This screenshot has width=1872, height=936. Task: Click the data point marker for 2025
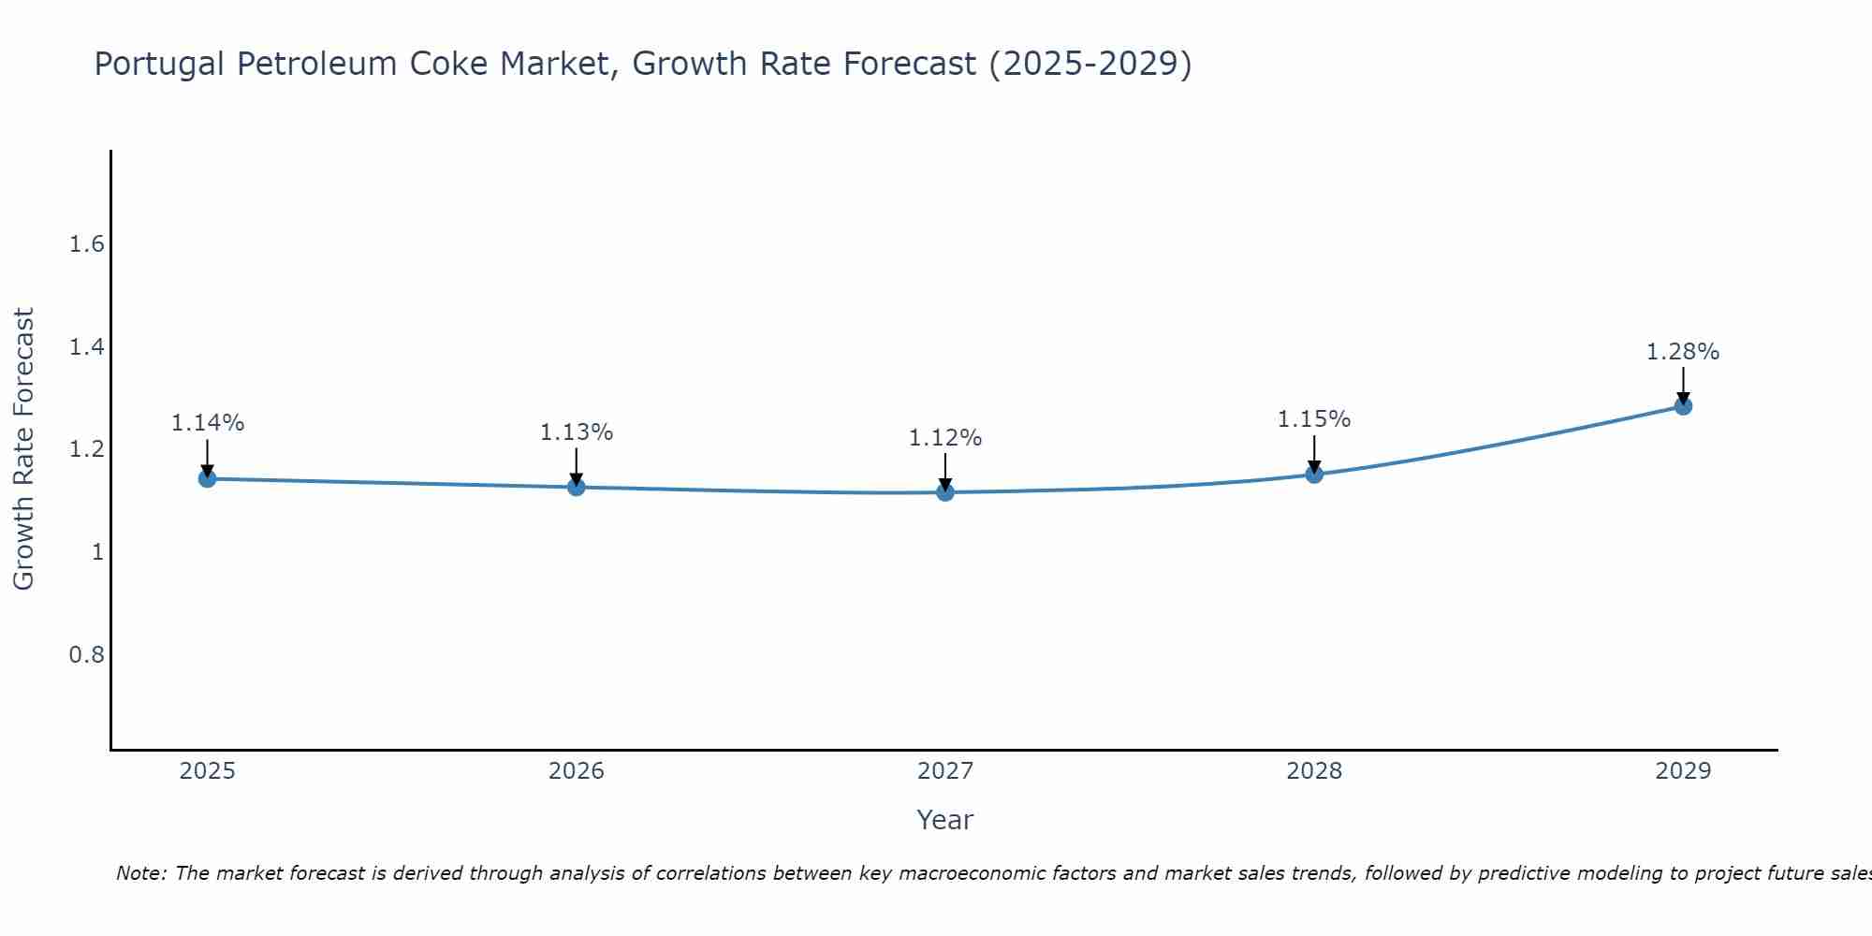pos(208,479)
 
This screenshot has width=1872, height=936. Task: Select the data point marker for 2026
pos(577,488)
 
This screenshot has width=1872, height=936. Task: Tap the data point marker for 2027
pos(945,492)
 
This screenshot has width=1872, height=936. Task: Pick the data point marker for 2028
pos(1314,475)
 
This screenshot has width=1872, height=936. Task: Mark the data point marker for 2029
pos(1683,406)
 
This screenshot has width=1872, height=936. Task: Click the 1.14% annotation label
pos(208,423)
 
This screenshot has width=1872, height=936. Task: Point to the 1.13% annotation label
pos(577,432)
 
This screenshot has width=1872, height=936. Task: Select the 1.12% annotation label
pos(945,438)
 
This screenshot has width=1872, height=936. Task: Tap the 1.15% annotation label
pos(1314,419)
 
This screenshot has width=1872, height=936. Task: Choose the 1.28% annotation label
pos(1683,352)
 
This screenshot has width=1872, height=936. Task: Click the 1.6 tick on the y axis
pos(86,245)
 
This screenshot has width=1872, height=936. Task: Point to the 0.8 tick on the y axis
pos(86,654)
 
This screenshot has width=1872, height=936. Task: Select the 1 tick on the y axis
pos(96,552)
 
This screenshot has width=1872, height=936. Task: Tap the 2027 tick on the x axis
pos(945,771)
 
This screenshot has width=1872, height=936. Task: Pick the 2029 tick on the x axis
pos(1683,771)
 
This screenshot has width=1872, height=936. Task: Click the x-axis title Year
pos(945,820)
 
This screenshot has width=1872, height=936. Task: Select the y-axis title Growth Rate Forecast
pos(24,449)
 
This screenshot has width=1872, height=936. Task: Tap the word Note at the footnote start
pos(140,873)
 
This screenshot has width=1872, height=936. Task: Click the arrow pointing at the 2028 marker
pos(1314,454)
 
